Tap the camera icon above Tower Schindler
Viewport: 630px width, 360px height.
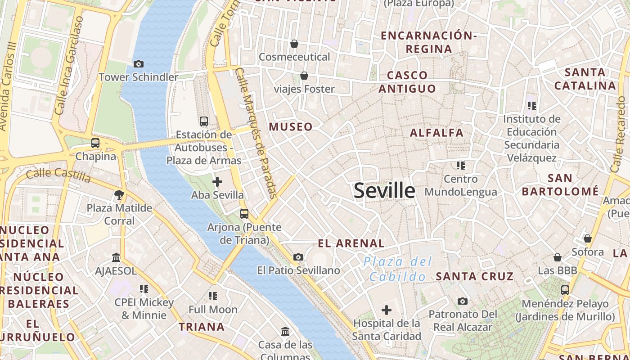pyautogui.click(x=139, y=64)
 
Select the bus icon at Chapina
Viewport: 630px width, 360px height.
pyautogui.click(x=95, y=143)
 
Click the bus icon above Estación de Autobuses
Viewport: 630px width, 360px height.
pyautogui.click(x=204, y=121)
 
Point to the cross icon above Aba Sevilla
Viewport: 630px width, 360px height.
pyautogui.click(x=217, y=182)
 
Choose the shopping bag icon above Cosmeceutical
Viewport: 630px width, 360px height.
pyautogui.click(x=294, y=44)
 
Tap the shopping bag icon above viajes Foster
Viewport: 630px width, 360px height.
pyautogui.click(x=304, y=75)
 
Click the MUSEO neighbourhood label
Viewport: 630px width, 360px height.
pyautogui.click(x=291, y=127)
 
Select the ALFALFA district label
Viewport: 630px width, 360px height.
pyautogui.click(x=436, y=133)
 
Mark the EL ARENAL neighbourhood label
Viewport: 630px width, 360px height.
pyautogui.click(x=351, y=244)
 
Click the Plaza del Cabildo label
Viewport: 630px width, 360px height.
pyautogui.click(x=397, y=269)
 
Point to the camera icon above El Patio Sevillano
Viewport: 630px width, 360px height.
pyautogui.click(x=298, y=257)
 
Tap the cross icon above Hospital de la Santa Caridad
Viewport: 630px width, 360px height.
pyautogui.click(x=387, y=310)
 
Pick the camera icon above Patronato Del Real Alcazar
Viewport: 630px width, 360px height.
pyautogui.click(x=462, y=301)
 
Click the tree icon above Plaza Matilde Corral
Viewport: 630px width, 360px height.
pyautogui.click(x=119, y=195)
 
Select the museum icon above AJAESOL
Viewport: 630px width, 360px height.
pyautogui.click(x=116, y=257)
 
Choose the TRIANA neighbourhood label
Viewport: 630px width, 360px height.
pyautogui.click(x=202, y=327)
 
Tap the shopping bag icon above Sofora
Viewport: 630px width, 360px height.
pyautogui.click(x=587, y=238)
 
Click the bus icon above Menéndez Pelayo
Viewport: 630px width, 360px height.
pyautogui.click(x=565, y=290)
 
